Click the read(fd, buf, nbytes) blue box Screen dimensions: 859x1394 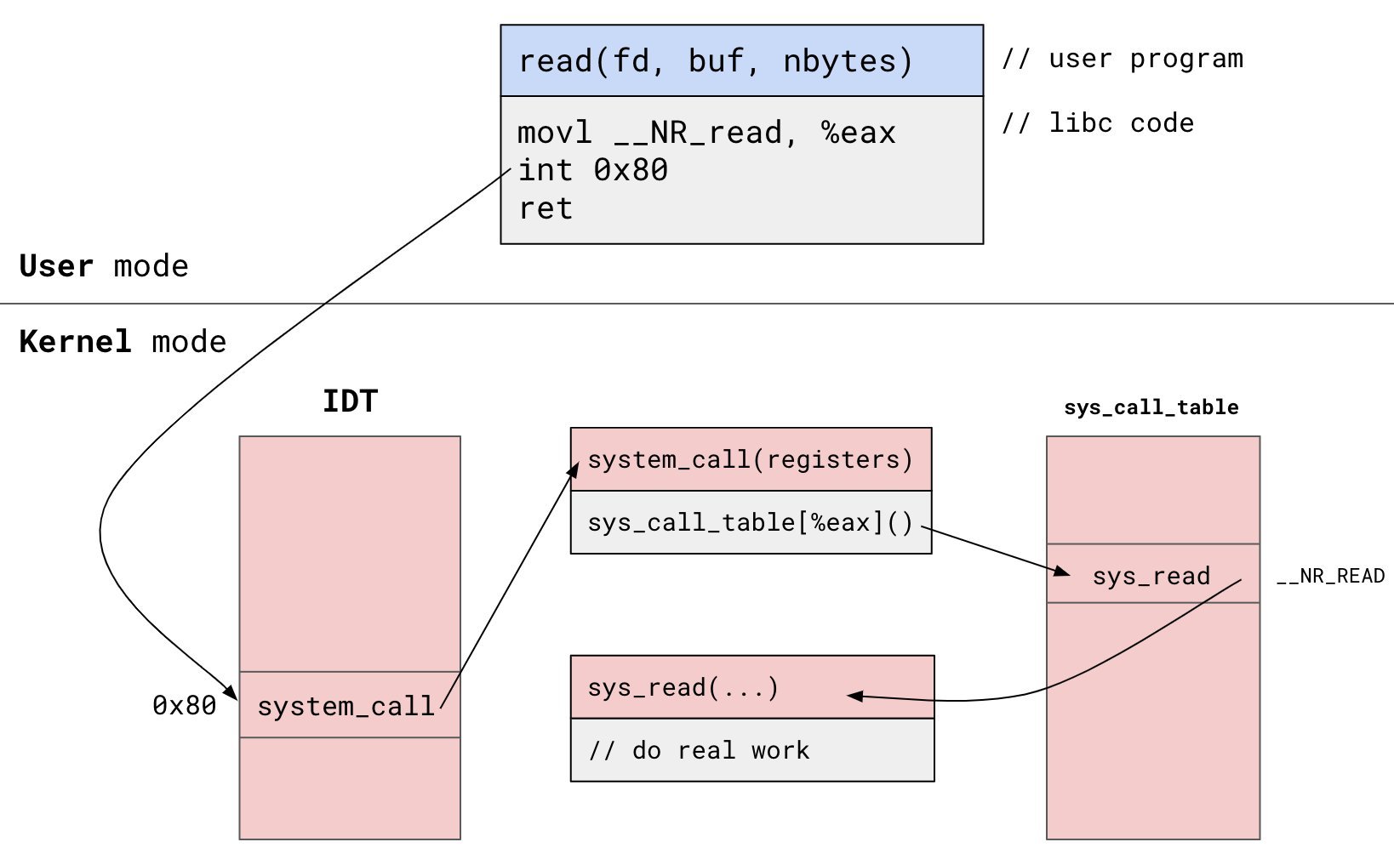740,61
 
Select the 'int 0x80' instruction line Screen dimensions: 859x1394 593,171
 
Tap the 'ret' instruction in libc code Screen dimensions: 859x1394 546,208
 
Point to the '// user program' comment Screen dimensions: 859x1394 1122,59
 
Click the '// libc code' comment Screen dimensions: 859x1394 1098,123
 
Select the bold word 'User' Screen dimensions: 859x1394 56,266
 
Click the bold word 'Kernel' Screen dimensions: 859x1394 75,342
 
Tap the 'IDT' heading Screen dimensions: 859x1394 350,401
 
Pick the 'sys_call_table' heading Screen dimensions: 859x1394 1151,407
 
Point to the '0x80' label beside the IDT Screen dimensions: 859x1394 184,705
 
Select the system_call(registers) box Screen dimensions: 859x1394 750,460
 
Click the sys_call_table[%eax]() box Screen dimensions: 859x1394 750,522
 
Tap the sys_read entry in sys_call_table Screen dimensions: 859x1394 1151,576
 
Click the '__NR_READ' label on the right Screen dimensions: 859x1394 1330,577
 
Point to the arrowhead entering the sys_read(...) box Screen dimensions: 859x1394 854,696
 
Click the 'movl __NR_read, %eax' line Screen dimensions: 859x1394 706,134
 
